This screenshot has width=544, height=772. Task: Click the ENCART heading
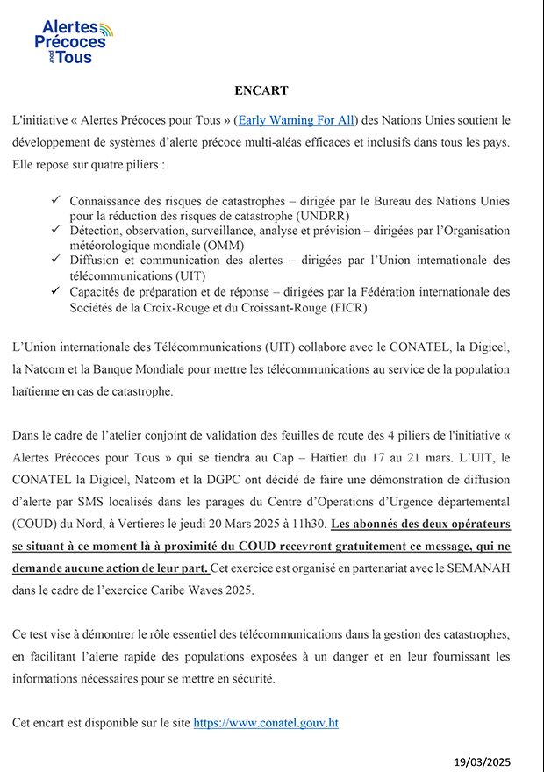(x=261, y=90)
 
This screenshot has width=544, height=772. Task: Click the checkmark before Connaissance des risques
(x=57, y=201)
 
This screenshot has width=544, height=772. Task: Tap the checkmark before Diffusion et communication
(x=57, y=260)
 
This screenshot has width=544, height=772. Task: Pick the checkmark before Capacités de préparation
(x=57, y=291)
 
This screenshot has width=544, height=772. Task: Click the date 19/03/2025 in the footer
(x=482, y=761)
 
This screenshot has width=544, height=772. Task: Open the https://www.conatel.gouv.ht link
(x=265, y=723)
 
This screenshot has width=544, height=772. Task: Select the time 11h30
(x=308, y=524)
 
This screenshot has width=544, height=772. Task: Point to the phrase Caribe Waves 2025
(x=183, y=591)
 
